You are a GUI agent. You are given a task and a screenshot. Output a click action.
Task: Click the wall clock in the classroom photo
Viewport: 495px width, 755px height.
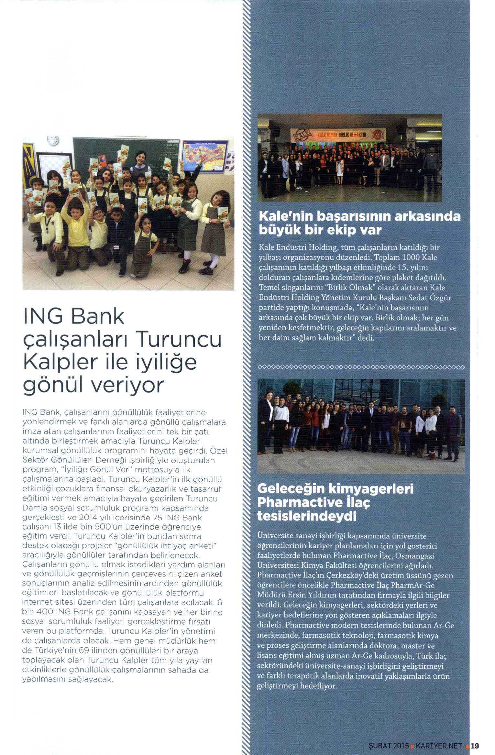(x=53, y=140)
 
